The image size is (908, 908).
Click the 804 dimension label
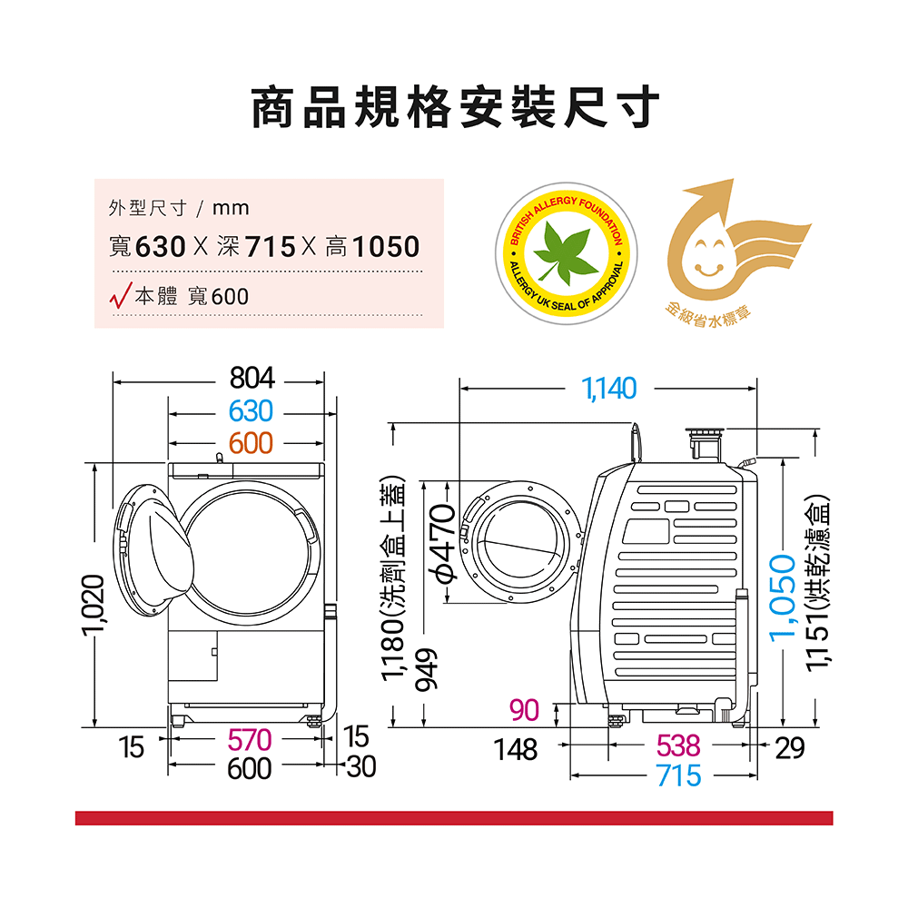(252, 378)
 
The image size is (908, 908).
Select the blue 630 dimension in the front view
(251, 411)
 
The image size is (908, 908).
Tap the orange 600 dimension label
(251, 444)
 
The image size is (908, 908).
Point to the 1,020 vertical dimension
(94, 605)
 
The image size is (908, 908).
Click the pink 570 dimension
(250, 739)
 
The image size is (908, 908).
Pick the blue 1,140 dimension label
(608, 388)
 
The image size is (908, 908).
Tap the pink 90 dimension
(525, 710)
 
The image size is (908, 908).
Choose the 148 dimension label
(516, 749)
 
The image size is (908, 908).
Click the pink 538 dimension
(678, 745)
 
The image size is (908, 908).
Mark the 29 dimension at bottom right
(790, 748)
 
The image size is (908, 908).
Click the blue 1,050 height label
(783, 597)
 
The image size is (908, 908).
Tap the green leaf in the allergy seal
(565, 253)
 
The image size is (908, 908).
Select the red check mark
(121, 295)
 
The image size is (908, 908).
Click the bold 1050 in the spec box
(386, 247)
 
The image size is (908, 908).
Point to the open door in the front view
(153, 550)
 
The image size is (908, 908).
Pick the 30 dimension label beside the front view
(361, 766)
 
